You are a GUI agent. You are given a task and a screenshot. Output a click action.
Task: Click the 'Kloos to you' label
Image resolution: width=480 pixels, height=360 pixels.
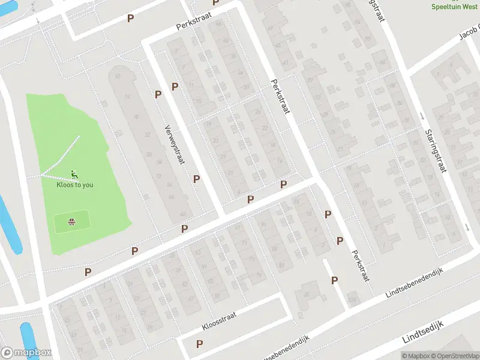75,185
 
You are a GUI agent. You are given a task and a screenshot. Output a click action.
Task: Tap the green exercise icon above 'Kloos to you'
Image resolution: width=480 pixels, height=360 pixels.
74,175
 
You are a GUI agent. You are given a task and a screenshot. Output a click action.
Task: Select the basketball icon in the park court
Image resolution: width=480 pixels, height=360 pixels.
72,222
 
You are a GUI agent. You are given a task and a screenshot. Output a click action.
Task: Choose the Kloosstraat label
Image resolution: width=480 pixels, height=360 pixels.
220,320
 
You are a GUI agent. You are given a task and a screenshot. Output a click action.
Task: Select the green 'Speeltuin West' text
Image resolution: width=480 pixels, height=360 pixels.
455,6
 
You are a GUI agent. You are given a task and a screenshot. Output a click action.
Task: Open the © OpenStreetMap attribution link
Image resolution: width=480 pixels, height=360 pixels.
452,356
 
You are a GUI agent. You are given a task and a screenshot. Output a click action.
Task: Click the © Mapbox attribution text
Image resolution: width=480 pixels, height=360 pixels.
414,356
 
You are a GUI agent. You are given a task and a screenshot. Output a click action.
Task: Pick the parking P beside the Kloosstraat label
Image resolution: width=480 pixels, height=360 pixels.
199,344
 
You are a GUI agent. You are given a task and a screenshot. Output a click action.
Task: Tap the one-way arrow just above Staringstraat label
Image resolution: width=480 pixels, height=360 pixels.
422,116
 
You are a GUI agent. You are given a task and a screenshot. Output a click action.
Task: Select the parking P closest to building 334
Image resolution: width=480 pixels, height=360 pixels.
334,280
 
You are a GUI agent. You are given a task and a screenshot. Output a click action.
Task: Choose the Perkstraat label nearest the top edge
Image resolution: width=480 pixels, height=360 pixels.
191,23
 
